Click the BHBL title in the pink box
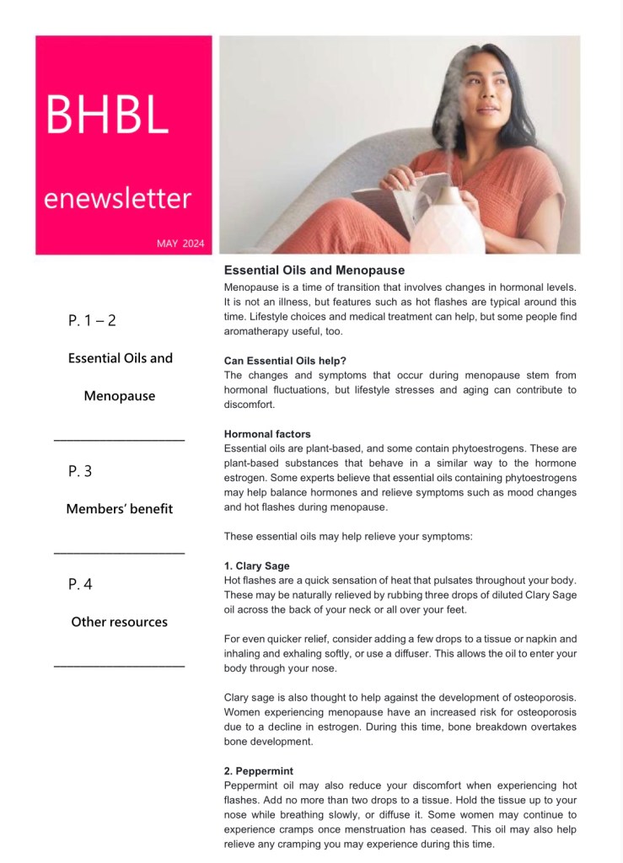pyautogui.click(x=107, y=115)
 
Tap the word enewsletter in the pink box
pyautogui.click(x=117, y=199)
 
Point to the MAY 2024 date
pyautogui.click(x=180, y=244)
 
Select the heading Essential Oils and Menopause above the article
pyautogui.click(x=314, y=271)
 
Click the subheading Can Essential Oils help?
pyautogui.click(x=278, y=361)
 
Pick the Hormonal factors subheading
pyautogui.click(x=267, y=434)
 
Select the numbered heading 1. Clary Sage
pyautogui.click(x=256, y=566)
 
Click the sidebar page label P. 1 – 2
pyautogui.click(x=98, y=320)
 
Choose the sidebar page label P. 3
pyautogui.click(x=80, y=471)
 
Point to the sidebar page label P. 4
pyautogui.click(x=80, y=584)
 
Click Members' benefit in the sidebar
pyautogui.click(x=119, y=509)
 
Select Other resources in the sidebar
pyautogui.click(x=119, y=622)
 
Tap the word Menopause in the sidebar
pyautogui.click(x=119, y=395)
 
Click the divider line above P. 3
pyautogui.click(x=119, y=439)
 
